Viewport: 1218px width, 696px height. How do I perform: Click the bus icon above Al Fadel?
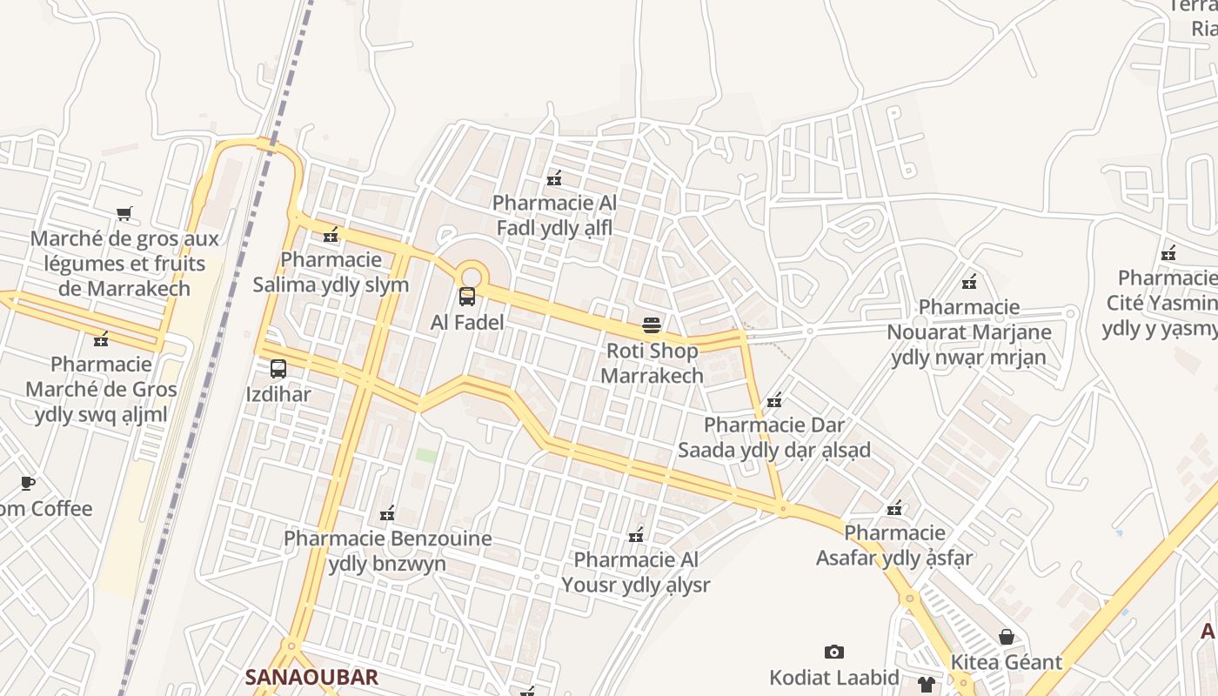click(x=467, y=297)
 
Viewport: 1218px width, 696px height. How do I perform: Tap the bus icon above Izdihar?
click(x=278, y=369)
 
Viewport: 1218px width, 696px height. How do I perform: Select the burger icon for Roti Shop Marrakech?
click(x=652, y=325)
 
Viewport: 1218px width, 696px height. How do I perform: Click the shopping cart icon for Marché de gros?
click(x=124, y=213)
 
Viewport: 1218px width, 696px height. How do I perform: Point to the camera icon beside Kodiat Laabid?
click(x=833, y=652)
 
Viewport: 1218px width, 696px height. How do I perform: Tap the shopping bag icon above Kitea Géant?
click(x=1007, y=637)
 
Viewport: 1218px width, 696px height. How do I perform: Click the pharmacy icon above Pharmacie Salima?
click(x=331, y=234)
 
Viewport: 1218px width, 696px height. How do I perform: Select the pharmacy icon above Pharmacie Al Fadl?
click(x=554, y=178)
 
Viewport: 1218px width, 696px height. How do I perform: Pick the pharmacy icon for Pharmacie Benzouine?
click(x=387, y=513)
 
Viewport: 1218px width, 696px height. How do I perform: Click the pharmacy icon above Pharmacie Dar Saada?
click(x=774, y=400)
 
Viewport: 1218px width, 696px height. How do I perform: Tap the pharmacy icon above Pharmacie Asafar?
click(x=894, y=507)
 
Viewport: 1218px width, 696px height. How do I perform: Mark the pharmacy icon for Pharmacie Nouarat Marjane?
click(x=969, y=281)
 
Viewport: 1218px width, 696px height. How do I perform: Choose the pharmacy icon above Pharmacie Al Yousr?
click(x=636, y=534)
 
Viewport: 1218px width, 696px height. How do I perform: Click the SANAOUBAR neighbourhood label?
click(x=311, y=677)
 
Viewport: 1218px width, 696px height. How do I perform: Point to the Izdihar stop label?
click(x=278, y=394)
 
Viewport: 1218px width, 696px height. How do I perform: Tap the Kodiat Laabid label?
click(x=833, y=677)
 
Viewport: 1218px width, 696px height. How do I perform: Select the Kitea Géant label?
click(x=1007, y=662)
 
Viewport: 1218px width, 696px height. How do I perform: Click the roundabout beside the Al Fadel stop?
click(x=471, y=272)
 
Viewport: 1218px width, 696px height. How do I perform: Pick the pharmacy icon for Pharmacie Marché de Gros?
click(x=101, y=338)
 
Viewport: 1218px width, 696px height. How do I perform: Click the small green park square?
click(x=425, y=455)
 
